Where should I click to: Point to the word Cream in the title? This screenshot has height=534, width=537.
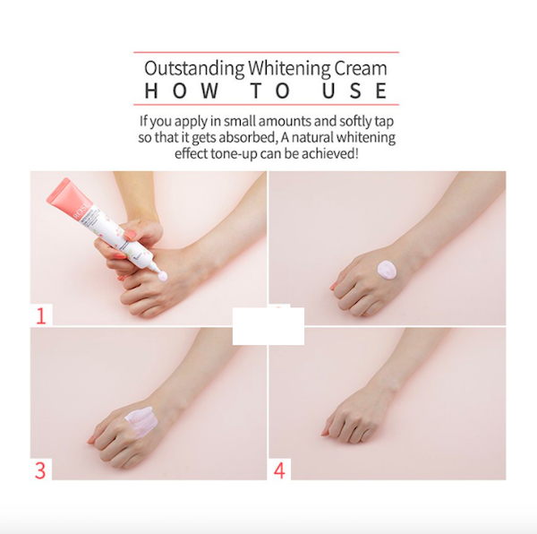coord(362,69)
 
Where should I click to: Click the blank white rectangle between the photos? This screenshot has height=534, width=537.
coord(268,326)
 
